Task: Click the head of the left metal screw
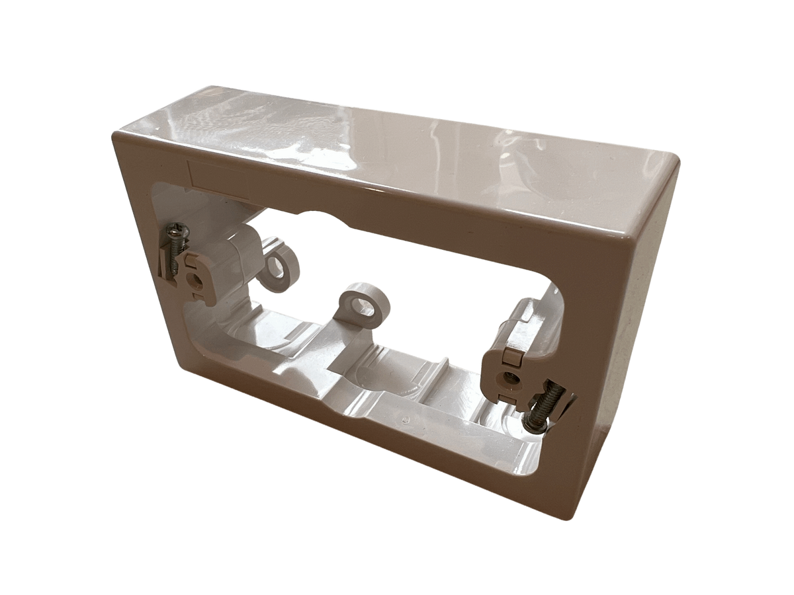[176, 231]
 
